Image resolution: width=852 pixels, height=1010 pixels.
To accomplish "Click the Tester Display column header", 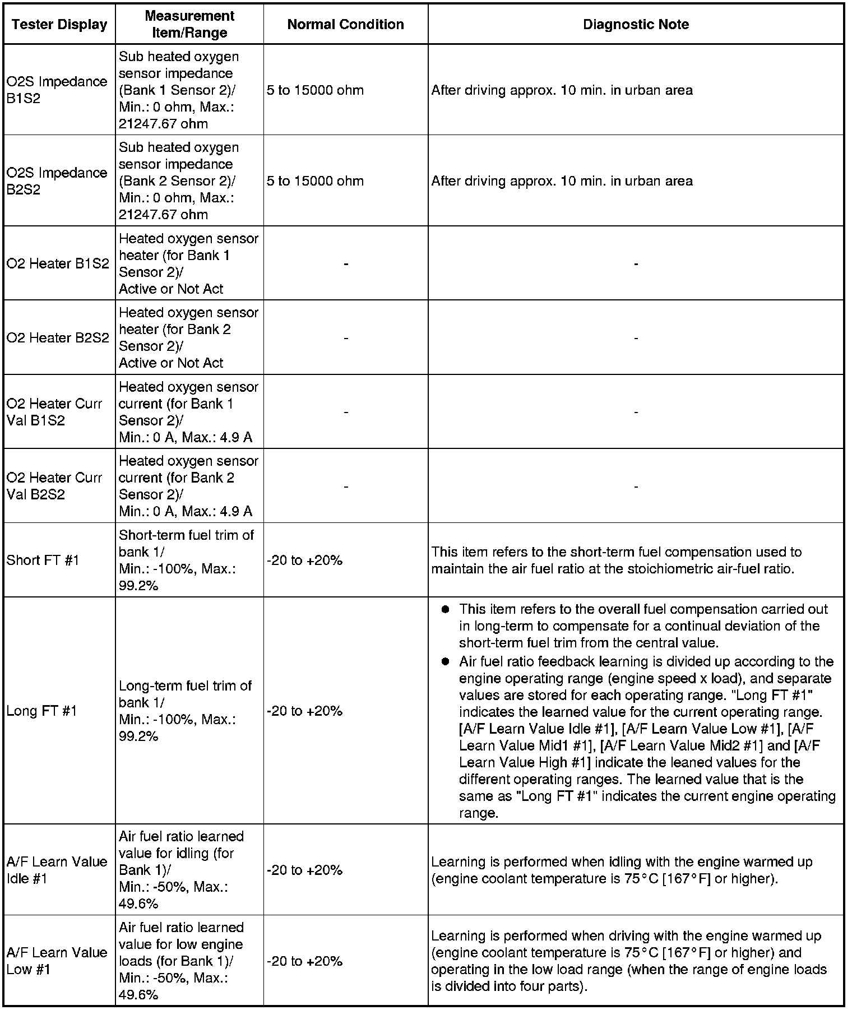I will (x=59, y=25).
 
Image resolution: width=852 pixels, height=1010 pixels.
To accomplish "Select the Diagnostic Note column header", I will (x=636, y=25).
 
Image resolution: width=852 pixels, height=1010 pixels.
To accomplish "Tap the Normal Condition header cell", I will (x=345, y=25).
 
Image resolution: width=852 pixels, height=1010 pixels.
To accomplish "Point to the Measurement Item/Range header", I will (x=189, y=25).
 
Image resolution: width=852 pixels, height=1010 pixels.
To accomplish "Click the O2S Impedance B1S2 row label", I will (x=57, y=90).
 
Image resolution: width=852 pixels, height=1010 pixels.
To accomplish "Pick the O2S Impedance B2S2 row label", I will (x=57, y=180).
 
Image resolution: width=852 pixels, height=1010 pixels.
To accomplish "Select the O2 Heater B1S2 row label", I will (x=58, y=263).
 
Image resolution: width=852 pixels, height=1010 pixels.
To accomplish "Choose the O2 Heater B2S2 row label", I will (x=58, y=337).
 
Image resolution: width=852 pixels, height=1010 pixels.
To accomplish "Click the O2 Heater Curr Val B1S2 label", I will (x=54, y=412).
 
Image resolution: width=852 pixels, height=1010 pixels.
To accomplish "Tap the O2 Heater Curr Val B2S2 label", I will (x=54, y=486).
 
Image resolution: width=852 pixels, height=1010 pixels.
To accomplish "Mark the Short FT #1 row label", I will (x=43, y=560).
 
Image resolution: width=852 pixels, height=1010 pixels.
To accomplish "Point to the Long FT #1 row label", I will (x=41, y=711).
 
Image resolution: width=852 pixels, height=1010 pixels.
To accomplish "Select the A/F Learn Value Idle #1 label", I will (x=57, y=870).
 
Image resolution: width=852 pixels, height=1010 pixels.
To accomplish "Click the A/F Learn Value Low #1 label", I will (x=57, y=961).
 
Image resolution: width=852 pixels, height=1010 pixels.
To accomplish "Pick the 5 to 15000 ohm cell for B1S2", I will (x=315, y=90).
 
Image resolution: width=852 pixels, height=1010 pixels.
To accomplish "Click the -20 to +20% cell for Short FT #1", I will (x=304, y=560).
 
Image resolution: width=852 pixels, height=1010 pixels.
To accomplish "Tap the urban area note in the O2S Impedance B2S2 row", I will (x=562, y=181).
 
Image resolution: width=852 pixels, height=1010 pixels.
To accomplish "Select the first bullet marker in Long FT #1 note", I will (x=446, y=609).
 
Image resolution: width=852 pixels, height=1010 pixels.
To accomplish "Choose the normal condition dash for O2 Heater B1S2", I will (x=346, y=264).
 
